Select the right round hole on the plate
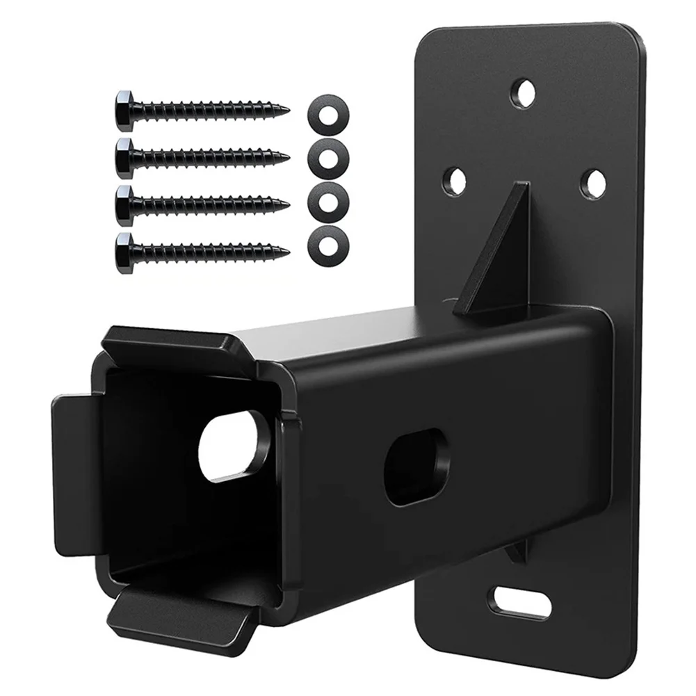593,183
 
